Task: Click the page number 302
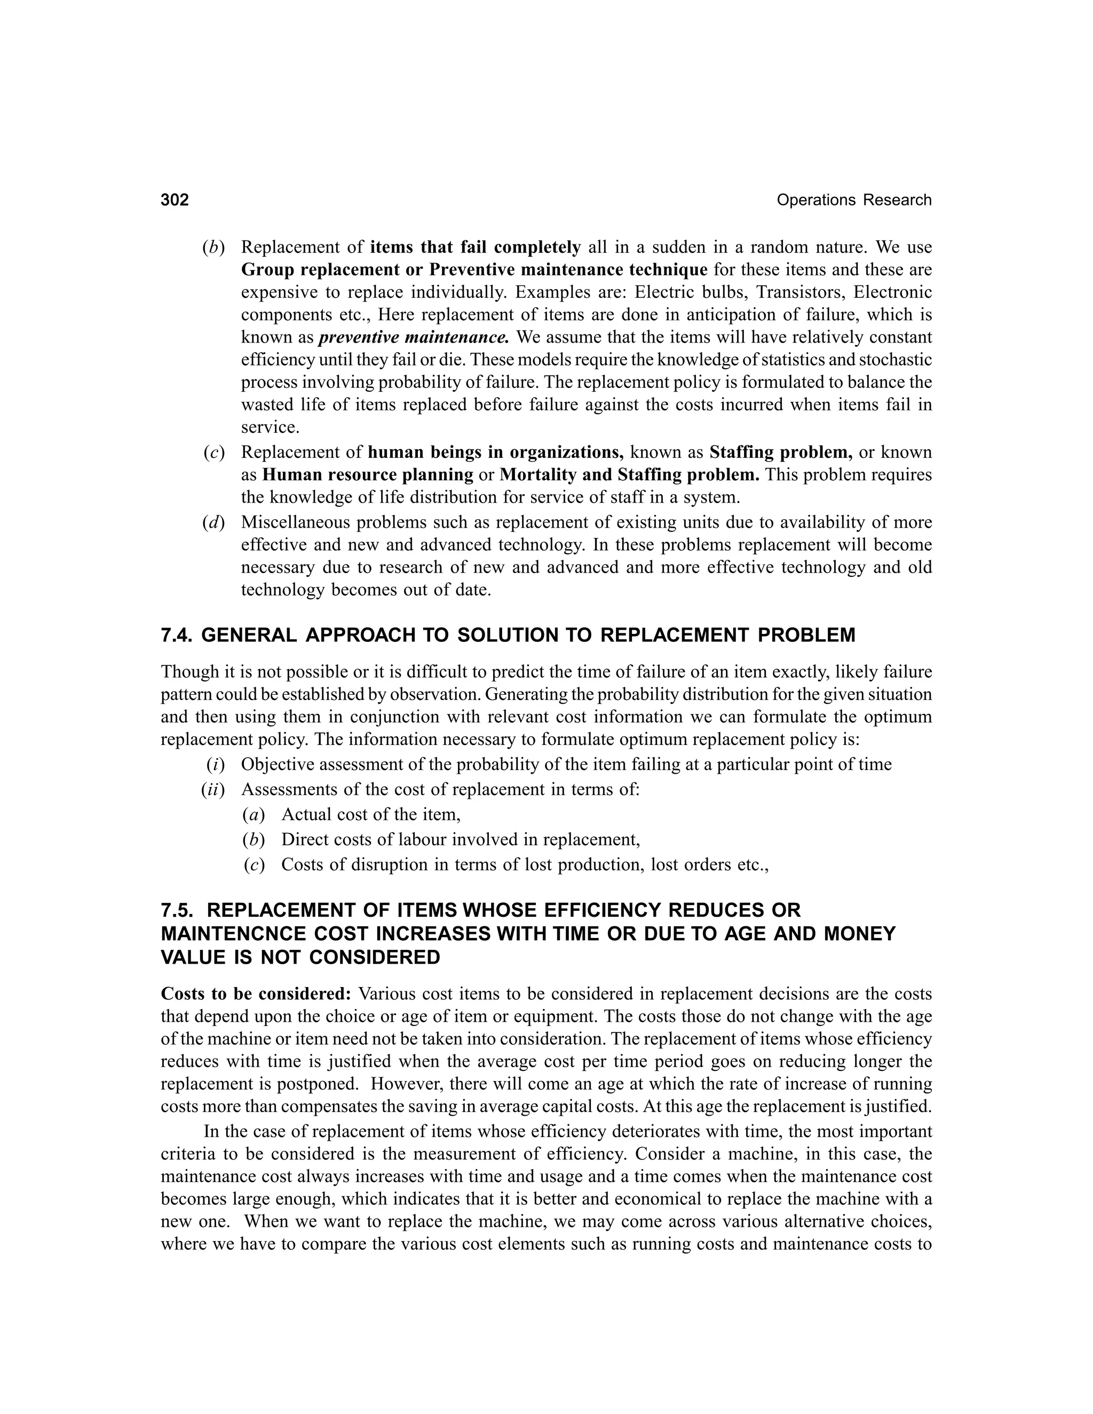(175, 200)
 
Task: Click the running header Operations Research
(853, 200)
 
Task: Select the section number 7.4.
(177, 635)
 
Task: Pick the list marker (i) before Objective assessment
(215, 765)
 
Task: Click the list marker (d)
(213, 522)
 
